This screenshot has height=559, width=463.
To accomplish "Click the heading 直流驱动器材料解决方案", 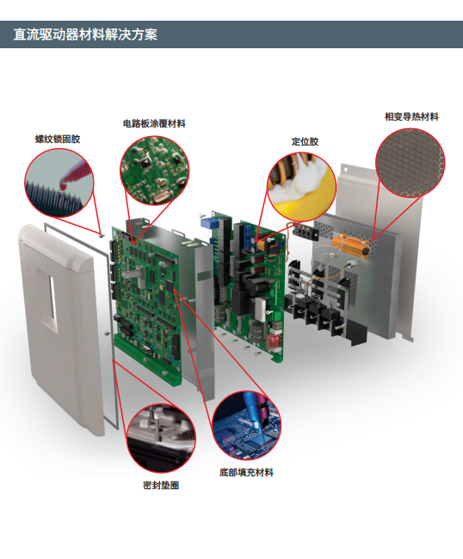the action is [x=85, y=34].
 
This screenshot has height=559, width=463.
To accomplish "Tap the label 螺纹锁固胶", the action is [x=58, y=139].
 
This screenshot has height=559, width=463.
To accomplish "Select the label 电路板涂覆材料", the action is [x=154, y=123].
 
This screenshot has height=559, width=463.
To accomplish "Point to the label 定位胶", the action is [x=305, y=141].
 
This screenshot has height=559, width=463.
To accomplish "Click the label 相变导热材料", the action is [x=411, y=116].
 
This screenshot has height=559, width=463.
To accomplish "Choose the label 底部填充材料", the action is [x=246, y=472].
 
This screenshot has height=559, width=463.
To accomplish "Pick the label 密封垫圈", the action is [x=161, y=485].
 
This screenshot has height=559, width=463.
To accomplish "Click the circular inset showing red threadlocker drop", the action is [x=59, y=183].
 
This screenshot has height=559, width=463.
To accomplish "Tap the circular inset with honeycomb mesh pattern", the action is [x=410, y=163].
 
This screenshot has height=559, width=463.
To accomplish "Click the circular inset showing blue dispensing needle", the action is [x=246, y=425].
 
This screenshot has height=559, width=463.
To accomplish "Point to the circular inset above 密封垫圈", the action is [x=161, y=438].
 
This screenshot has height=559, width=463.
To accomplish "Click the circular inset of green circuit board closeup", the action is [x=155, y=171].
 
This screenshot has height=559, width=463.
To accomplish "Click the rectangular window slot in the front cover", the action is [x=52, y=298].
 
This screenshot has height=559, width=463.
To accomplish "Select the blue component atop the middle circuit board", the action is [x=207, y=223].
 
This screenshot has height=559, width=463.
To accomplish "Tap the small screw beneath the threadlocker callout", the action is [x=102, y=235].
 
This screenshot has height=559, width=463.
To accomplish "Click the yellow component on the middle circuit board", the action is [x=261, y=245].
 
